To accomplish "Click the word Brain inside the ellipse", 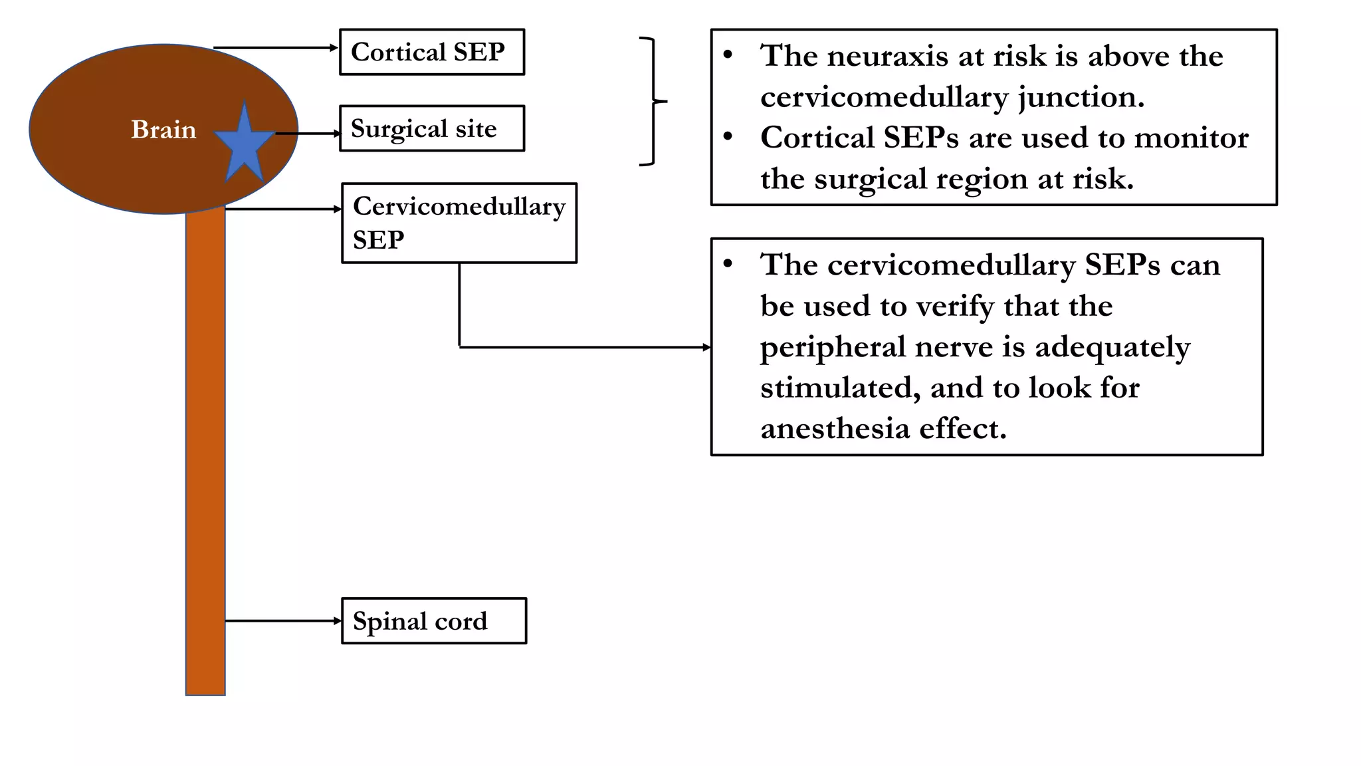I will click(163, 130).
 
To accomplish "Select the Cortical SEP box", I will click(431, 52).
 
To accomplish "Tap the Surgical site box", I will click(431, 128).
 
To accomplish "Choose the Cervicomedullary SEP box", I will click(459, 223).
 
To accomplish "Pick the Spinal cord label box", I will click(433, 621).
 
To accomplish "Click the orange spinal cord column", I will click(205, 452).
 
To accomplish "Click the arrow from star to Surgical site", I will click(308, 134).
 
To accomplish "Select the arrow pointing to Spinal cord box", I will click(282, 621).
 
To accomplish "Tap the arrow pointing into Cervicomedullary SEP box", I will click(282, 209).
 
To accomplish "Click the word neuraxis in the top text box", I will click(887, 56).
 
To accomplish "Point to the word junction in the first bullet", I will click(1080, 98).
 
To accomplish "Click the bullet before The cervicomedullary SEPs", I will click(728, 264).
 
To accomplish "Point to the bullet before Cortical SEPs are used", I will click(728, 137).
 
